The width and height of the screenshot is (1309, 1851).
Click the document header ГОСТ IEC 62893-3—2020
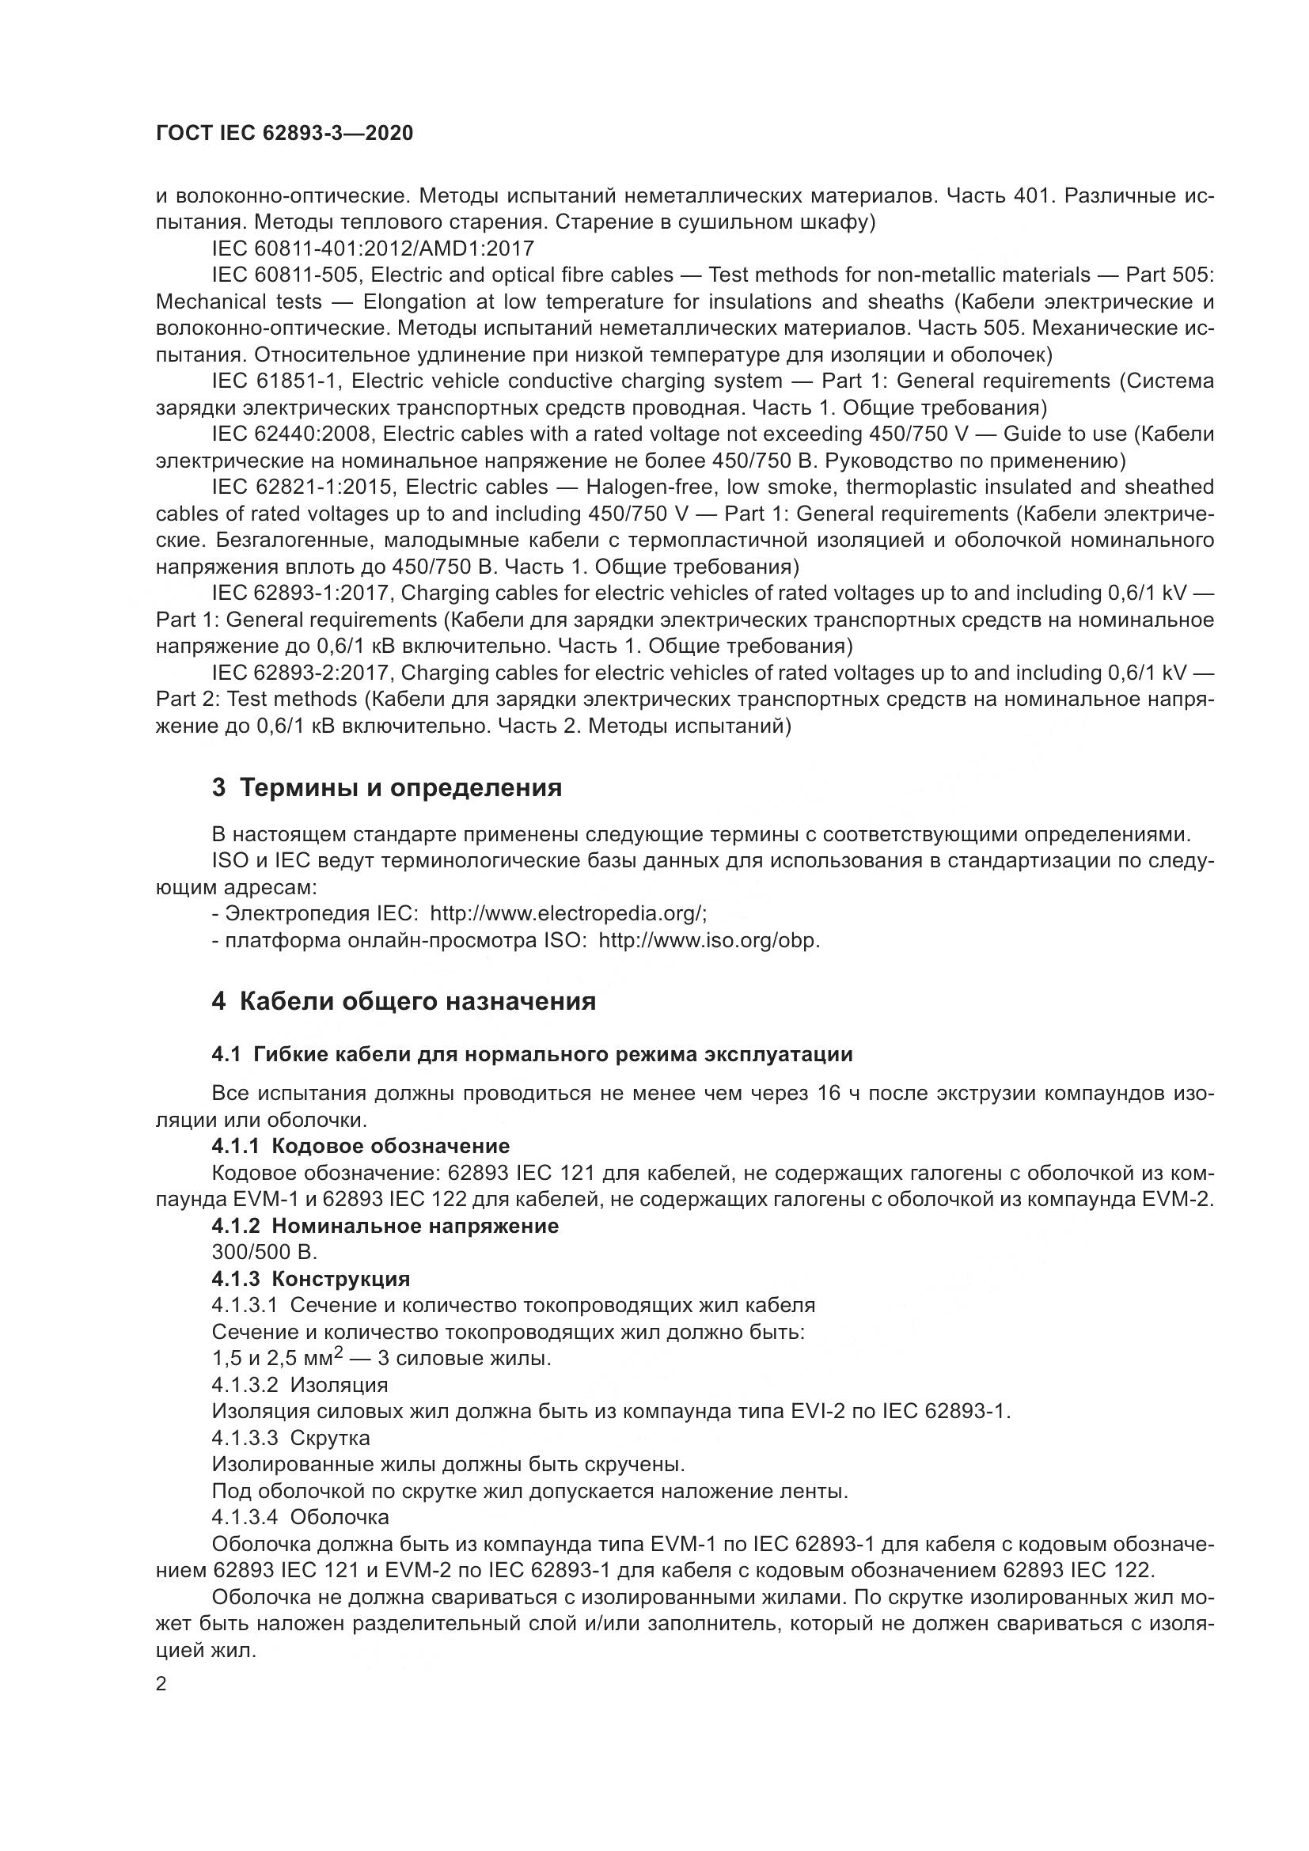pos(284,133)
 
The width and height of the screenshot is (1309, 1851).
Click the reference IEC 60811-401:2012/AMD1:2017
pos(373,248)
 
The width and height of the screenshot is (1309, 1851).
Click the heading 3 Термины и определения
pos(387,787)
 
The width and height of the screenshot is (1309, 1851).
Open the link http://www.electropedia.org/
pos(568,913)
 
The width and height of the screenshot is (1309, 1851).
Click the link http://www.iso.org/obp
pos(708,940)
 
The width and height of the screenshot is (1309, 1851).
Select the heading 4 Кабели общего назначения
pos(404,1001)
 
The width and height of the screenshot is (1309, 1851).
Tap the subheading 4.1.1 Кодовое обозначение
pos(360,1146)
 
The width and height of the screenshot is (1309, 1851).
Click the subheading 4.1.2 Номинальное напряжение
pos(385,1225)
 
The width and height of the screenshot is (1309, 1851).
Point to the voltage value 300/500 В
pos(264,1252)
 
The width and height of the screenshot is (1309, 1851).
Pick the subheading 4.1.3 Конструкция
pos(311,1279)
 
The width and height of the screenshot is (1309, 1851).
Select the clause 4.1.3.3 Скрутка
pos(291,1437)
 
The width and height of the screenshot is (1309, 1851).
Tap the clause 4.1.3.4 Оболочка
pos(301,1516)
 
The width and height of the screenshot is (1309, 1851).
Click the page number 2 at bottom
pos(161,1684)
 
